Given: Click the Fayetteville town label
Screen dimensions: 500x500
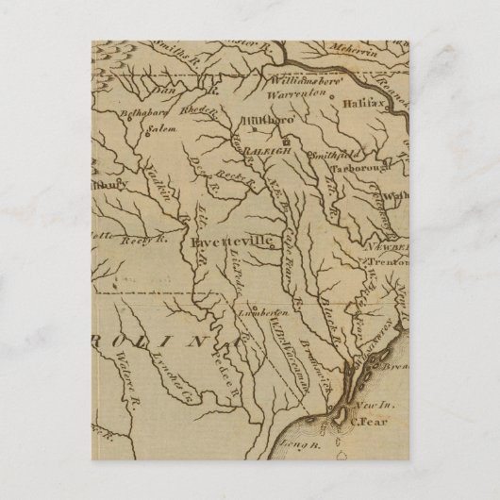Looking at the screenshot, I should click(x=231, y=242).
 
